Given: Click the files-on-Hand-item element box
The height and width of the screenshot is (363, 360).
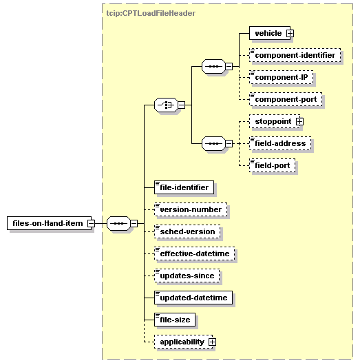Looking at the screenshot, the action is pos(50,223).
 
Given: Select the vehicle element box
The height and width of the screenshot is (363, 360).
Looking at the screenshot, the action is pos(270,33).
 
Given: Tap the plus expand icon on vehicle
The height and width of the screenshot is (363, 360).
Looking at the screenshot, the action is pos(290,33).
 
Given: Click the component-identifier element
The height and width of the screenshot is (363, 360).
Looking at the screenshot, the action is pos(295,55).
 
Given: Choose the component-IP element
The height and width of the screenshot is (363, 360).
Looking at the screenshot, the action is pos(282,77).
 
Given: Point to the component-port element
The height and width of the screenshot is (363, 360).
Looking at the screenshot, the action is pos(286,99).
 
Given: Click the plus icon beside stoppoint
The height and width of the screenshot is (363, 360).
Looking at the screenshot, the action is pos(299,121).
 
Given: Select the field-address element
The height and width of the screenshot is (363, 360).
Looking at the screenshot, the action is pos(280,143).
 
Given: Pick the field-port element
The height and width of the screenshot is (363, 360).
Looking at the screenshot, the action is pos(273,165).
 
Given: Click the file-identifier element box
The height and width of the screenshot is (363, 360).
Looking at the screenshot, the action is pos(184,187).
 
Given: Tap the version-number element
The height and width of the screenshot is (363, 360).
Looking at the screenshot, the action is pos(191,209).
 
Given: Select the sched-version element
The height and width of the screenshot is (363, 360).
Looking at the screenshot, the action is pos(187,231).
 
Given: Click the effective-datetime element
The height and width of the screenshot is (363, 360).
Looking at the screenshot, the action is pos(195,253).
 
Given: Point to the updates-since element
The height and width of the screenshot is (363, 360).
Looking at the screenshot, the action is pos(187,276).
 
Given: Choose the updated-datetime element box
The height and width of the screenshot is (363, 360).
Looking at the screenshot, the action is pos(193,298).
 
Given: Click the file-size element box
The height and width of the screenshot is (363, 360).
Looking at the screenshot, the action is pos(175,320).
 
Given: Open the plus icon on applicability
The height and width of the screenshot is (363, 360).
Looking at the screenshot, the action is pos(212,342).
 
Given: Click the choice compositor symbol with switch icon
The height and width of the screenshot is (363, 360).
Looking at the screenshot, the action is pos(166,105).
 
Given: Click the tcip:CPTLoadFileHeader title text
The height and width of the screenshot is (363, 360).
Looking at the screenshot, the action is pos(151,13).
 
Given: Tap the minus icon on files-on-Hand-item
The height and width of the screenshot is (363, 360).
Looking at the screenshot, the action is pos(91,223).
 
